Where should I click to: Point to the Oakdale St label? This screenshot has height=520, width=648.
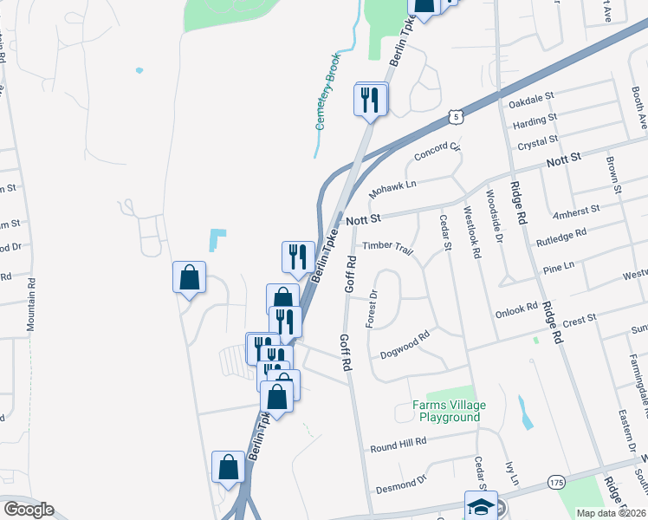531,101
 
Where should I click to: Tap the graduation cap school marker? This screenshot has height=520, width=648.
481,505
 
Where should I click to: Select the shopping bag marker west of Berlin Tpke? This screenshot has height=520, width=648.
189,277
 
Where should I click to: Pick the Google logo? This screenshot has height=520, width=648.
29,510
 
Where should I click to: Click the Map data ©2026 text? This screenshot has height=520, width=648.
611,513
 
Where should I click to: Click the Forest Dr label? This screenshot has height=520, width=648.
373,304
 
